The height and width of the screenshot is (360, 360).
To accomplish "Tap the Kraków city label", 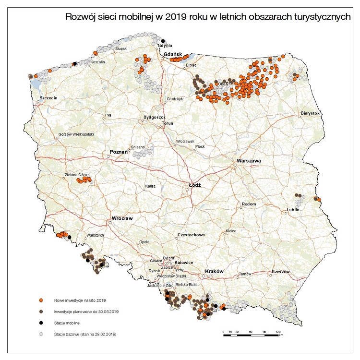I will point(215,271).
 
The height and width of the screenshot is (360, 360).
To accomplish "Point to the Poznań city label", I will point(119,152).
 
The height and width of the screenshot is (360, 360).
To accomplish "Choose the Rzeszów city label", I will point(281,272).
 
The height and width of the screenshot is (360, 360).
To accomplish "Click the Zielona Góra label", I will point(76,175).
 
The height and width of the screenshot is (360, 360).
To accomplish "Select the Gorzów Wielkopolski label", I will point(76,135).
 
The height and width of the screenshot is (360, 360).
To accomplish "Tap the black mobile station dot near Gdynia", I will point(163,40).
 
